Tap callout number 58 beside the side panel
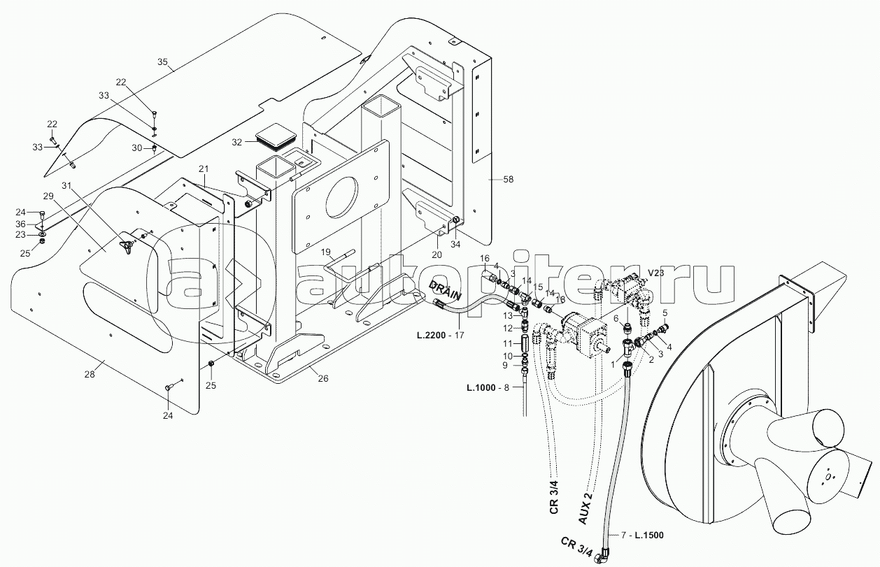tap(508, 180)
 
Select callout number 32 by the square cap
tap(237, 142)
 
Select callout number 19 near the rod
tap(325, 251)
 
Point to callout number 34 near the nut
tap(456, 244)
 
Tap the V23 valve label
tap(656, 272)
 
